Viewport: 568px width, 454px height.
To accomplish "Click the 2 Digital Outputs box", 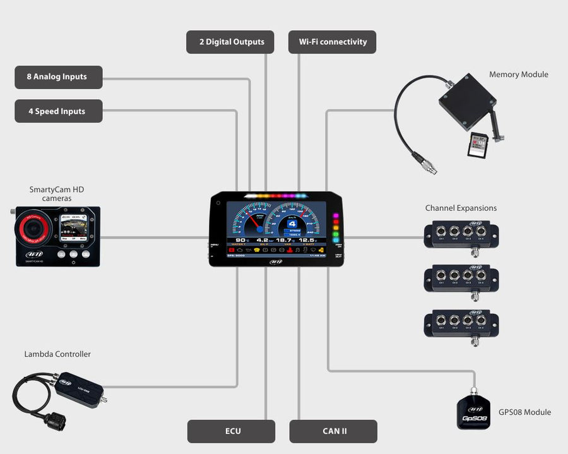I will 230,42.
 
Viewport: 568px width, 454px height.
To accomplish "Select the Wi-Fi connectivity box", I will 333,42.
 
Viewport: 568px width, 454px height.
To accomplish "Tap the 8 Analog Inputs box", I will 58,77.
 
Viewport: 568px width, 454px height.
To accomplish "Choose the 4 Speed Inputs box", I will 58,111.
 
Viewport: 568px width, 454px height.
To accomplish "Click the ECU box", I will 232,431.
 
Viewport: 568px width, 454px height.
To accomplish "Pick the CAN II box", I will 333,431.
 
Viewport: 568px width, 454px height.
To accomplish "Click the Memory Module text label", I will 518,75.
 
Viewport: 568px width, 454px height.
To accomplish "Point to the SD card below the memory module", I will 477,145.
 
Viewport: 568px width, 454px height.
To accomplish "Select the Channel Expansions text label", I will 461,208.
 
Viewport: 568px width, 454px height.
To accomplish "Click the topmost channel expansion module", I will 461,236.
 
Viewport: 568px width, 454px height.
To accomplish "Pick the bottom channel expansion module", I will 461,322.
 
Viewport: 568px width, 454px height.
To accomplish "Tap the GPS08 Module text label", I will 524,412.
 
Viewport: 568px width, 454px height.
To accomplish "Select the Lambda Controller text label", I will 57,354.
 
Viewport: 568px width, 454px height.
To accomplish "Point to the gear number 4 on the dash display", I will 292,224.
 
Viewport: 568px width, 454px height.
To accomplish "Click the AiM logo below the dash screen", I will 276,262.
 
